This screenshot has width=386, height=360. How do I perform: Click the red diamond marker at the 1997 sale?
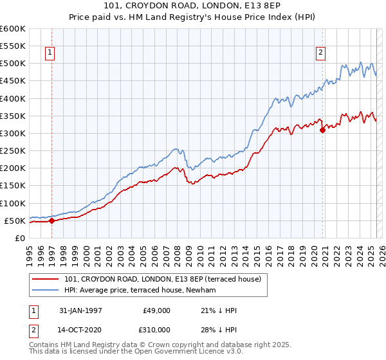coord(52,221)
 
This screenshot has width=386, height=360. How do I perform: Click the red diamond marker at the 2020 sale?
coord(322,130)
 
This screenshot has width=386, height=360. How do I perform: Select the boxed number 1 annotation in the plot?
coord(50,53)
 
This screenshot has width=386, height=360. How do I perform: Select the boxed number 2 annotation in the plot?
coord(320,53)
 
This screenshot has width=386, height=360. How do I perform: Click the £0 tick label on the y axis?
coord(21,238)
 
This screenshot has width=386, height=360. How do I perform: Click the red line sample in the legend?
coord(46,279)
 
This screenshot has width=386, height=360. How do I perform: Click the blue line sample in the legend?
coord(46,291)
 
